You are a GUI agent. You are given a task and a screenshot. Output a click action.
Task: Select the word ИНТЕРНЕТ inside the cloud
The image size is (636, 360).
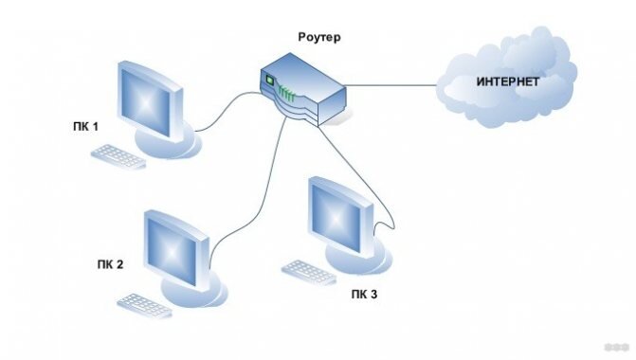pos(507,82)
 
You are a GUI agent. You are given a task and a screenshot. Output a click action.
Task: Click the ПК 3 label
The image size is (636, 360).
pos(361,295)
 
